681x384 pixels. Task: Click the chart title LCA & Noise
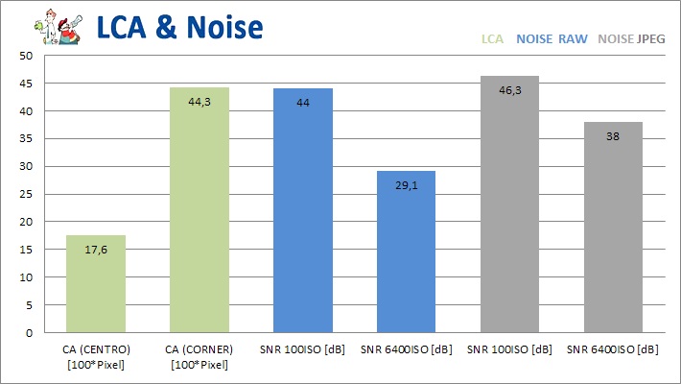[178, 27]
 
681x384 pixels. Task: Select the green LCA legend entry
[492, 39]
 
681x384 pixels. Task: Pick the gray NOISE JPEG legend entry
[629, 39]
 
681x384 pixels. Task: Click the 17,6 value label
[95, 251]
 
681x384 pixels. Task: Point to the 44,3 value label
[200, 103]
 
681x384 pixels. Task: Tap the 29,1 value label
[407, 186]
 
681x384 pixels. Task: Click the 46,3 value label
[510, 91]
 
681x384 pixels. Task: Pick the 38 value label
[613, 137]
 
